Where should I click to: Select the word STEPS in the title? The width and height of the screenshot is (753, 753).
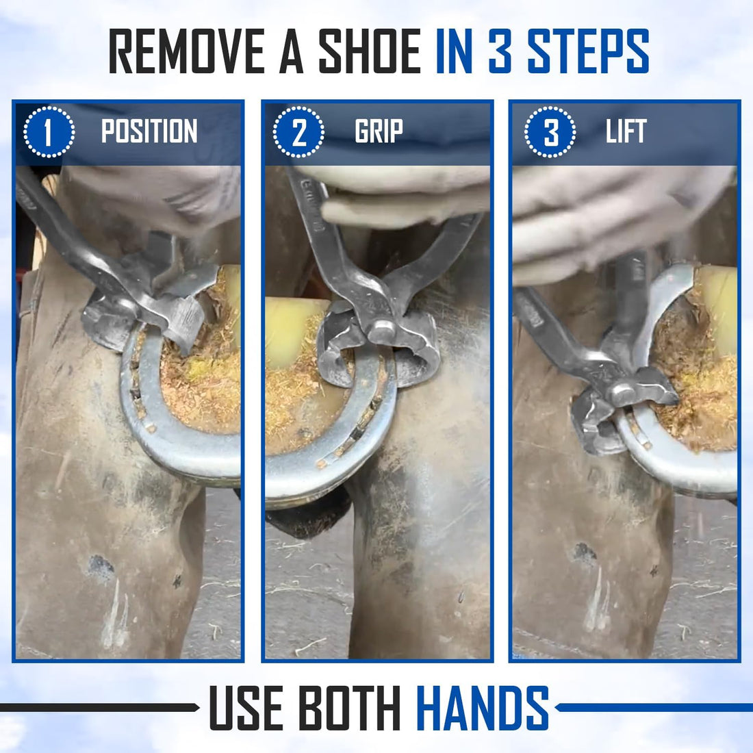tap(588, 51)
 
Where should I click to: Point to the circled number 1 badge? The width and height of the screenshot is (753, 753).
tap(49, 131)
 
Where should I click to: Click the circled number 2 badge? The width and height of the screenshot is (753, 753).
tap(298, 131)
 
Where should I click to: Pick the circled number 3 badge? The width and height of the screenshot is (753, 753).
tap(550, 131)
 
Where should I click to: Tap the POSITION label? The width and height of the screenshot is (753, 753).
tap(149, 131)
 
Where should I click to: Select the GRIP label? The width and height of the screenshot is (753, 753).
tap(379, 131)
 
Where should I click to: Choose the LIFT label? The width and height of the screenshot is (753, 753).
tap(626, 131)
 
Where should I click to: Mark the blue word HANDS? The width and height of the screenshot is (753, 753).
tap(482, 707)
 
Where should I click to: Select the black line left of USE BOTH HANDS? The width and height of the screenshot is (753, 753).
tap(99, 707)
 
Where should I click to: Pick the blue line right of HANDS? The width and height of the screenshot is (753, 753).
tap(654, 707)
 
